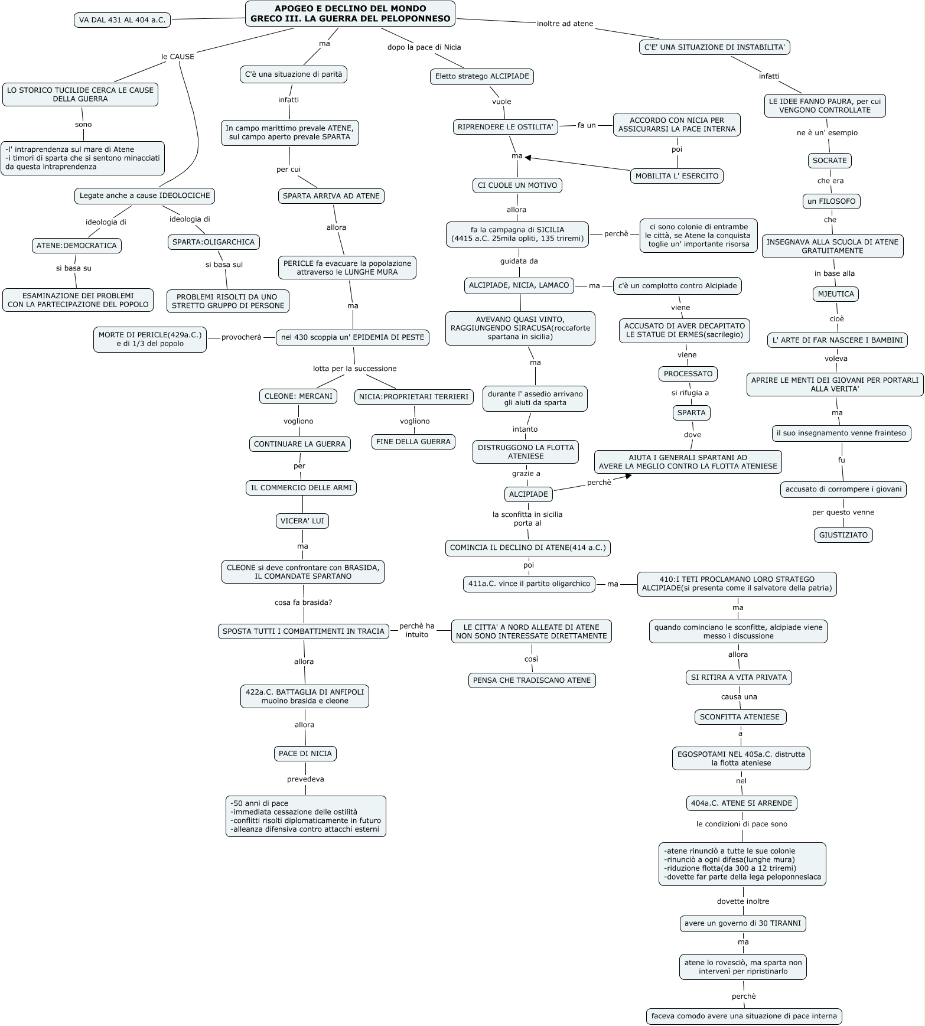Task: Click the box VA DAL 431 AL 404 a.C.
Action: pos(122,20)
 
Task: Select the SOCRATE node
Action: pos(829,161)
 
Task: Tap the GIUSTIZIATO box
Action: pos(843,535)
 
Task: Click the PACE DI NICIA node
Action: pos(305,754)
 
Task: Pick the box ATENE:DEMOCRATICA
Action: pos(77,246)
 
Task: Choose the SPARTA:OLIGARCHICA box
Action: pos(214,242)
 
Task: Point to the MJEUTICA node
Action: pos(836,294)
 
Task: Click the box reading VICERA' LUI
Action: pos(302,521)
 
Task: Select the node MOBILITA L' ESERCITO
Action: pos(677,176)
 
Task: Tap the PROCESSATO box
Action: pos(688,374)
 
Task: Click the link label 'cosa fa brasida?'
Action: pos(303,602)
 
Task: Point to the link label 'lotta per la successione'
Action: pos(354,369)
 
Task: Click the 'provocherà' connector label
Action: pos(241,337)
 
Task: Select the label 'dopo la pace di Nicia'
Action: pos(424,47)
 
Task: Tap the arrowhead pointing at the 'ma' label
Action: pos(528,158)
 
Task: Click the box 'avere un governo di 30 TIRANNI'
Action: pos(743,924)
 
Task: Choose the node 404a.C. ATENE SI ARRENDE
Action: pos(742,803)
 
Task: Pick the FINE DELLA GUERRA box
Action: pos(413,442)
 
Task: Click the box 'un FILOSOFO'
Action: pos(831,201)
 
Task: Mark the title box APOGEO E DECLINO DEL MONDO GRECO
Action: pos(350,14)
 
